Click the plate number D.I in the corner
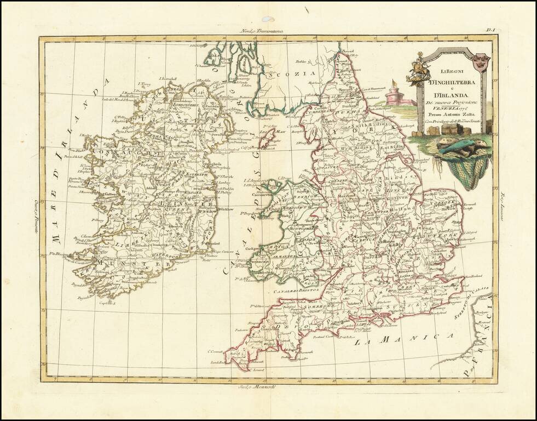coord(491,32)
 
